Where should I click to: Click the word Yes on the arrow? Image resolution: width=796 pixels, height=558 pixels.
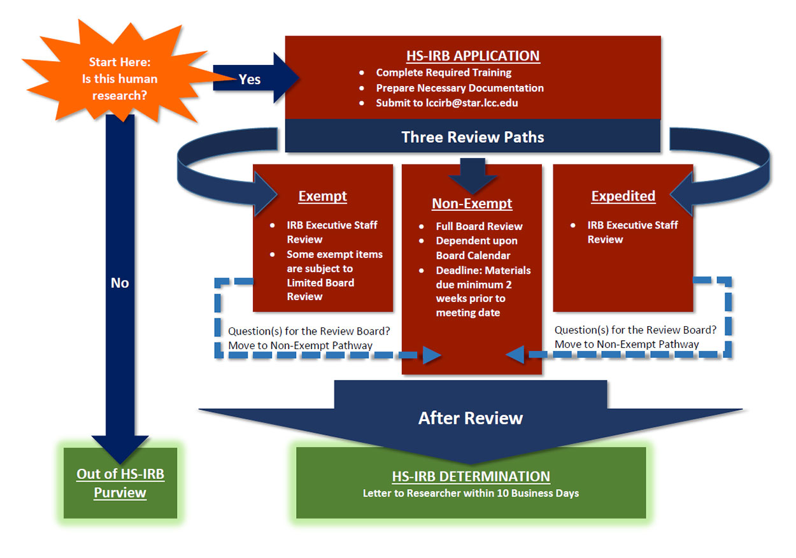coord(250,79)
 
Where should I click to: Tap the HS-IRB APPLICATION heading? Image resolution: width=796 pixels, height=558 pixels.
coord(473,55)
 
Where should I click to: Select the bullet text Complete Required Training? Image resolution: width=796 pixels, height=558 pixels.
coord(443,73)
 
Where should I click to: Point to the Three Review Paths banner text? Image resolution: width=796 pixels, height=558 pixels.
coord(473,137)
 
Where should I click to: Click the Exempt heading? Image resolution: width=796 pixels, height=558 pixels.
coord(323,196)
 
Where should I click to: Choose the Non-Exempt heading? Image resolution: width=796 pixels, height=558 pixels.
coord(472,204)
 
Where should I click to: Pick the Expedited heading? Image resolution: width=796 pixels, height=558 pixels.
coord(623,196)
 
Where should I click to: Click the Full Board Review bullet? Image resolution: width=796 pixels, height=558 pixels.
coord(479,226)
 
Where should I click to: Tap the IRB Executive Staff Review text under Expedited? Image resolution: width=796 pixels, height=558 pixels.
coord(632,232)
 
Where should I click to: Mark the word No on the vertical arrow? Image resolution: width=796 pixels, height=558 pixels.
coord(120,283)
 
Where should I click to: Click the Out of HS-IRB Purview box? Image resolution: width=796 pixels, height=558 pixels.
coord(120,483)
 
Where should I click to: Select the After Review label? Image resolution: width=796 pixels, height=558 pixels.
coord(471,418)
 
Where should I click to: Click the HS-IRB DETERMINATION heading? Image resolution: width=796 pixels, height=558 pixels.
coord(471,476)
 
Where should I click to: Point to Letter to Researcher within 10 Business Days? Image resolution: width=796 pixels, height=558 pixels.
coord(471,494)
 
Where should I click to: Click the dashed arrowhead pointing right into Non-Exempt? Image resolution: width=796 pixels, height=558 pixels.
coord(432,355)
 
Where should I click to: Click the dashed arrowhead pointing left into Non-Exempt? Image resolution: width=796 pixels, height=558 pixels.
coord(515,354)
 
